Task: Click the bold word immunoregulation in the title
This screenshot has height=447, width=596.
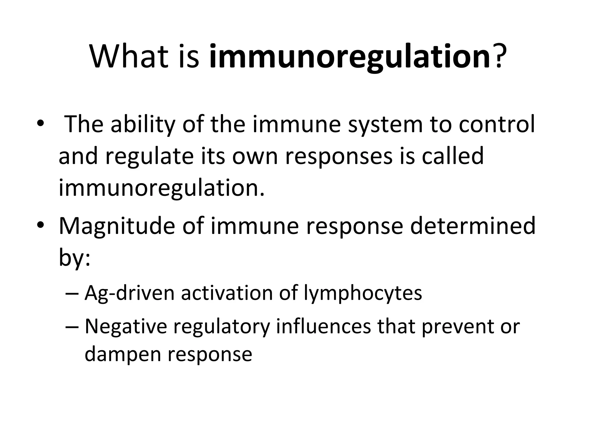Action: point(349,57)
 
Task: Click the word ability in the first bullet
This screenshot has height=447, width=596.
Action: point(143,125)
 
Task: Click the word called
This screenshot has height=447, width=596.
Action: point(453,156)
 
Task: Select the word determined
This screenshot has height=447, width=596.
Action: point(473,226)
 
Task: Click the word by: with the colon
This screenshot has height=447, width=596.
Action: point(74,258)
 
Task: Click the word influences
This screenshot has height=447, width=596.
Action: point(323,326)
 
